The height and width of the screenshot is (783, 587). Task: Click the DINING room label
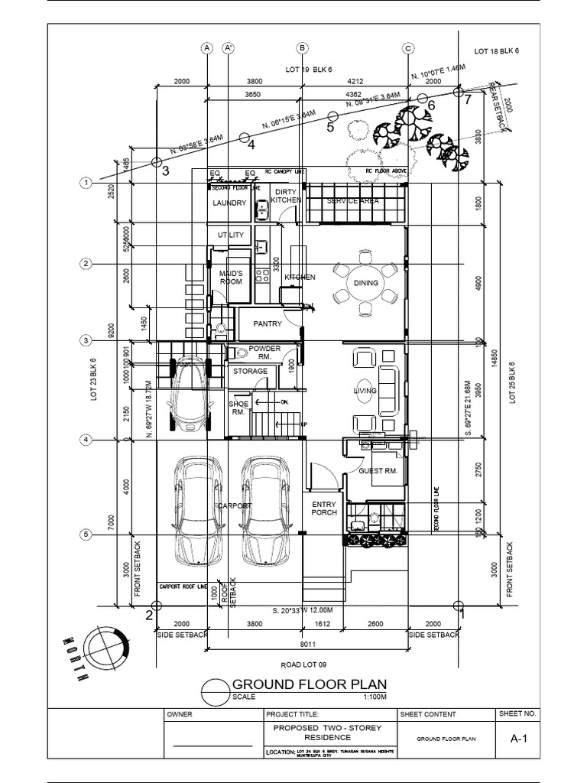pos(366,283)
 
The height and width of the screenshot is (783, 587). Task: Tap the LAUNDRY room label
pos(229,203)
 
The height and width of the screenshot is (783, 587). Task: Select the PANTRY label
pos(268,324)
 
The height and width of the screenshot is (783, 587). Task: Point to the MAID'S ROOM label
pos(231,278)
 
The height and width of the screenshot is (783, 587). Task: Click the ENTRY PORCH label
pos(325,508)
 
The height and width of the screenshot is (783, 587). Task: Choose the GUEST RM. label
pos(378,472)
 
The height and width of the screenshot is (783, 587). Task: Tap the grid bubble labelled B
pos(303,48)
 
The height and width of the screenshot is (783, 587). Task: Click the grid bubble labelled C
pos(407,48)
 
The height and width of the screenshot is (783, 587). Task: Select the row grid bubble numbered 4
pos(86,440)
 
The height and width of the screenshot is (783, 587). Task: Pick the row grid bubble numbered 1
pos(86,184)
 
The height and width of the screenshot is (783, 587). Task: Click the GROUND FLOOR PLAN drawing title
pos(309,684)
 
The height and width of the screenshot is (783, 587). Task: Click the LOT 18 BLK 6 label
pos(495,52)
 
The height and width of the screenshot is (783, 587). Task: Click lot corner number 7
pos(469,99)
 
